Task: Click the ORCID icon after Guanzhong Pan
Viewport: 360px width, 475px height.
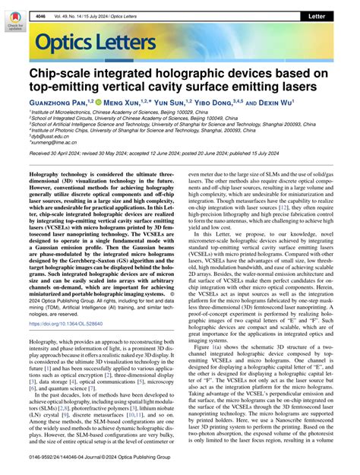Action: (107, 101)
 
